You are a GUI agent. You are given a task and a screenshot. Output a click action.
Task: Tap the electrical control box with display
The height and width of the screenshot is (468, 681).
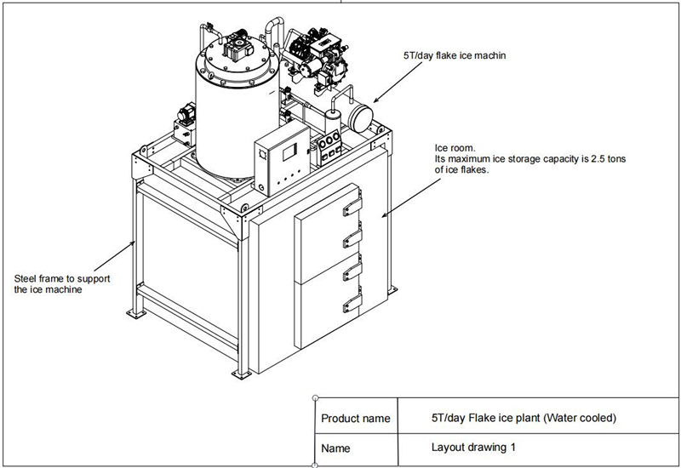tap(282, 163)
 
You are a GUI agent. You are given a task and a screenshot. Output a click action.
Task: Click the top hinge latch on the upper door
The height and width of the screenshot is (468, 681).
tap(351, 209)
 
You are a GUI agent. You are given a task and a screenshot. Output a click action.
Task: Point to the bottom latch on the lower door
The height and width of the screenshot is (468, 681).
tap(352, 305)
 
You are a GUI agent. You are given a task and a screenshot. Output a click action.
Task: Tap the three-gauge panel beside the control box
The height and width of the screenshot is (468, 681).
tap(328, 145)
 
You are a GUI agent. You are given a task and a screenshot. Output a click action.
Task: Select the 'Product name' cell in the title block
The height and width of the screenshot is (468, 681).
tap(356, 419)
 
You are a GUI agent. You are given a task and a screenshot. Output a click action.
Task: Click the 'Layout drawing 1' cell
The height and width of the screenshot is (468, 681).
tap(473, 446)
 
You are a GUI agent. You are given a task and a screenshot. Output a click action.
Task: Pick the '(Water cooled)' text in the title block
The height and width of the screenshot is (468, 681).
tap(578, 418)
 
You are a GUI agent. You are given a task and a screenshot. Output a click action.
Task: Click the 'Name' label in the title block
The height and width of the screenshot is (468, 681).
tap(335, 447)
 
